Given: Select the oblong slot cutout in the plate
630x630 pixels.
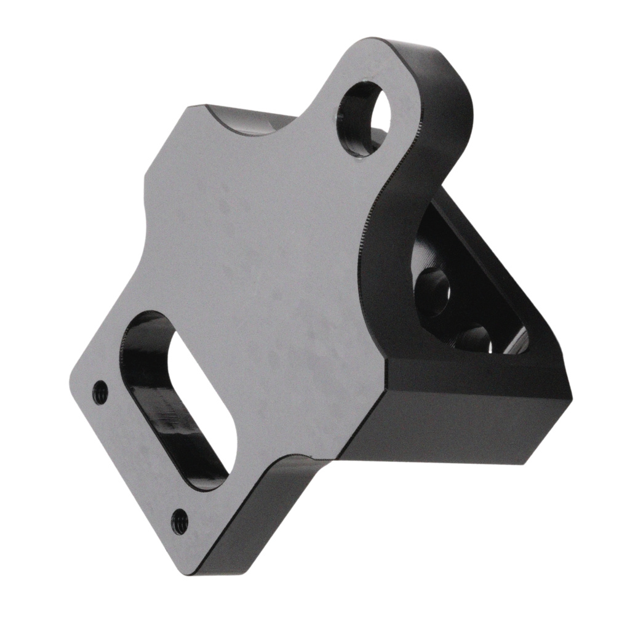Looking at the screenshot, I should coord(178,400).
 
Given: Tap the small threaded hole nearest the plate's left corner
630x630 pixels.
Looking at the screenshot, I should coord(100,392).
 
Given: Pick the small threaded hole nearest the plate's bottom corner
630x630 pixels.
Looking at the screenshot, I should coord(179,522).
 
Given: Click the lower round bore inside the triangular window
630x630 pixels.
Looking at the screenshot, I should coord(474,338).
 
